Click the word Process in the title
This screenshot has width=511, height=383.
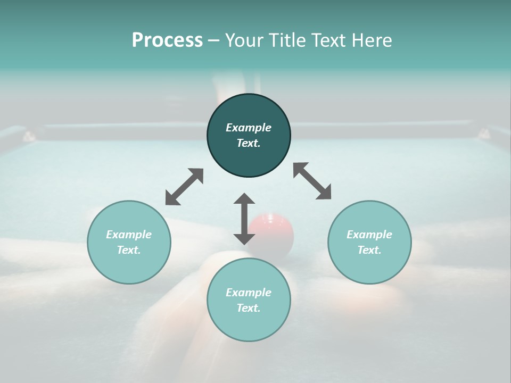167,40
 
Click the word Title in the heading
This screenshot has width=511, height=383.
286,40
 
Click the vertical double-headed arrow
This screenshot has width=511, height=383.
244,219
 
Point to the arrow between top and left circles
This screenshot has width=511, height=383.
184,187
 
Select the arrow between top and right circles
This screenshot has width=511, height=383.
312,181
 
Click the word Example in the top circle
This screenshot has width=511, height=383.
249,128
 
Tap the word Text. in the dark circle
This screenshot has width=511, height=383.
249,143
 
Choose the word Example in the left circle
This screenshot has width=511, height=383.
129,235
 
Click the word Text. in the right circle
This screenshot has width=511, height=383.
369,250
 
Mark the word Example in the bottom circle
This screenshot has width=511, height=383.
249,293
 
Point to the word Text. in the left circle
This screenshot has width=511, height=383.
129,250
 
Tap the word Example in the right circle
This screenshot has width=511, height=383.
369,235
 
